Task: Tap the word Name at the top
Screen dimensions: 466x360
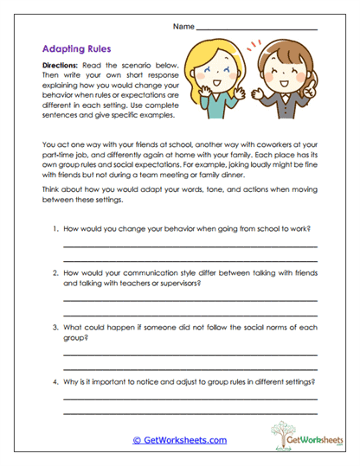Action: (183, 28)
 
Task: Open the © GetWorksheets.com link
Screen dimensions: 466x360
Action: (180, 439)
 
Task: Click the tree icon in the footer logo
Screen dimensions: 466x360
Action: (283, 431)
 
